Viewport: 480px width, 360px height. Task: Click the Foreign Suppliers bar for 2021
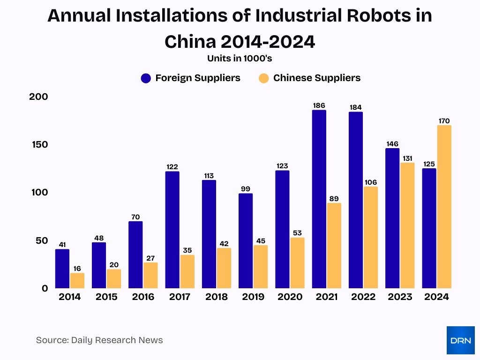pyautogui.click(x=319, y=199)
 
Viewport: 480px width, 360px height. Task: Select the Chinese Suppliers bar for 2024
pyautogui.click(x=444, y=207)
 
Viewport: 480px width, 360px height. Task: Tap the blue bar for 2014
pyautogui.click(x=62, y=269)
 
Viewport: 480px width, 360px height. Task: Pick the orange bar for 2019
pyautogui.click(x=261, y=267)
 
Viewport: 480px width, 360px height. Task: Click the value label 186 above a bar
pyautogui.click(x=319, y=105)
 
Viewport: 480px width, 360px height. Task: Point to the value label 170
pyautogui.click(x=444, y=121)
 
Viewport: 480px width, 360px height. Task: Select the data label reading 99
pyautogui.click(x=245, y=189)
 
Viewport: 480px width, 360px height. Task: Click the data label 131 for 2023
pyautogui.click(x=407, y=158)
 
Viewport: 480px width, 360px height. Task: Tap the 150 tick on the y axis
pyautogui.click(x=40, y=144)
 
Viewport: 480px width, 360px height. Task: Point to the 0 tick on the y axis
pyautogui.click(x=45, y=288)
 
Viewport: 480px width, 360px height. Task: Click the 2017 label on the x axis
pyautogui.click(x=180, y=297)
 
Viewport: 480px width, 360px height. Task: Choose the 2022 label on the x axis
pyautogui.click(x=363, y=297)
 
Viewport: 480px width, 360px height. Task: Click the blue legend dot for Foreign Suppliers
pyautogui.click(x=146, y=78)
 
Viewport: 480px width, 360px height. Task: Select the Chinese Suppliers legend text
pyautogui.click(x=317, y=78)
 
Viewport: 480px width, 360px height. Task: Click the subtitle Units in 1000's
pyautogui.click(x=240, y=59)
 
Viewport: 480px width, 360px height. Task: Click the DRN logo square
pyautogui.click(x=460, y=340)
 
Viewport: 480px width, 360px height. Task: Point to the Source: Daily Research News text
pyautogui.click(x=99, y=340)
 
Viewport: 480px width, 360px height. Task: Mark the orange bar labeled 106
pyautogui.click(x=370, y=237)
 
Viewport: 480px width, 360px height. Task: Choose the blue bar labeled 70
pyautogui.click(x=135, y=255)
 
